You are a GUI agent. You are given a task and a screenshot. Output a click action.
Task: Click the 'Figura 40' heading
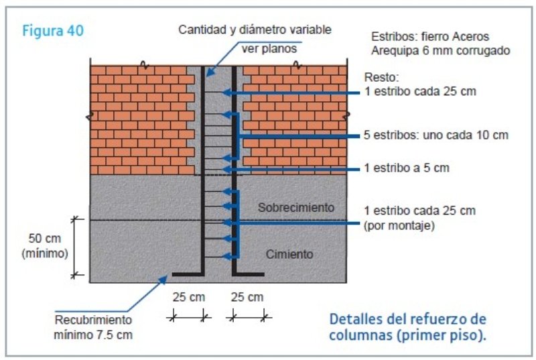53,30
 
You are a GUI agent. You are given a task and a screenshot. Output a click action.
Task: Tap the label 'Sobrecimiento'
296,207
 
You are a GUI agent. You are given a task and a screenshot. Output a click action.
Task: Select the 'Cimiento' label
289,254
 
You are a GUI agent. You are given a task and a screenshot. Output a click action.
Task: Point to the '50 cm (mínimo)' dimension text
45,246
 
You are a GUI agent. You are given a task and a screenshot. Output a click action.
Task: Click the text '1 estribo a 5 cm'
407,168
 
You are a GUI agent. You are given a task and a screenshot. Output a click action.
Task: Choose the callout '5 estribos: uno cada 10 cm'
436,135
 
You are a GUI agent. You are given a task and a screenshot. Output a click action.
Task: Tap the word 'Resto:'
381,77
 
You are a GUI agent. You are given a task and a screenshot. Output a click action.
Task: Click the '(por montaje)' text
399,226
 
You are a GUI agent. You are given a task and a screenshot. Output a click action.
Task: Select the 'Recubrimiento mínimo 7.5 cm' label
93,327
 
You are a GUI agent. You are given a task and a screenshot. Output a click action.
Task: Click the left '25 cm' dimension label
189,297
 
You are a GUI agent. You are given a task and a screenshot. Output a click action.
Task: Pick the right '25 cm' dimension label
247,297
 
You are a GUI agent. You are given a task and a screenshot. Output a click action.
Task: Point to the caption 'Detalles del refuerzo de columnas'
407,327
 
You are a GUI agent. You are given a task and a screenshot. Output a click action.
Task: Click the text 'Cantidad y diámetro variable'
255,29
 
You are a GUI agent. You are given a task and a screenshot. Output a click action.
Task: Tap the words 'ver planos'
269,48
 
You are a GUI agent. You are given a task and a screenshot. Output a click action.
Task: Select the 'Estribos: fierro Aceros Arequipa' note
441,44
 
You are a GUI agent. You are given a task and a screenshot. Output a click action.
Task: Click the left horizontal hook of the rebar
188,274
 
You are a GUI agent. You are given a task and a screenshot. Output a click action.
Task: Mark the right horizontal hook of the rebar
248,274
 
